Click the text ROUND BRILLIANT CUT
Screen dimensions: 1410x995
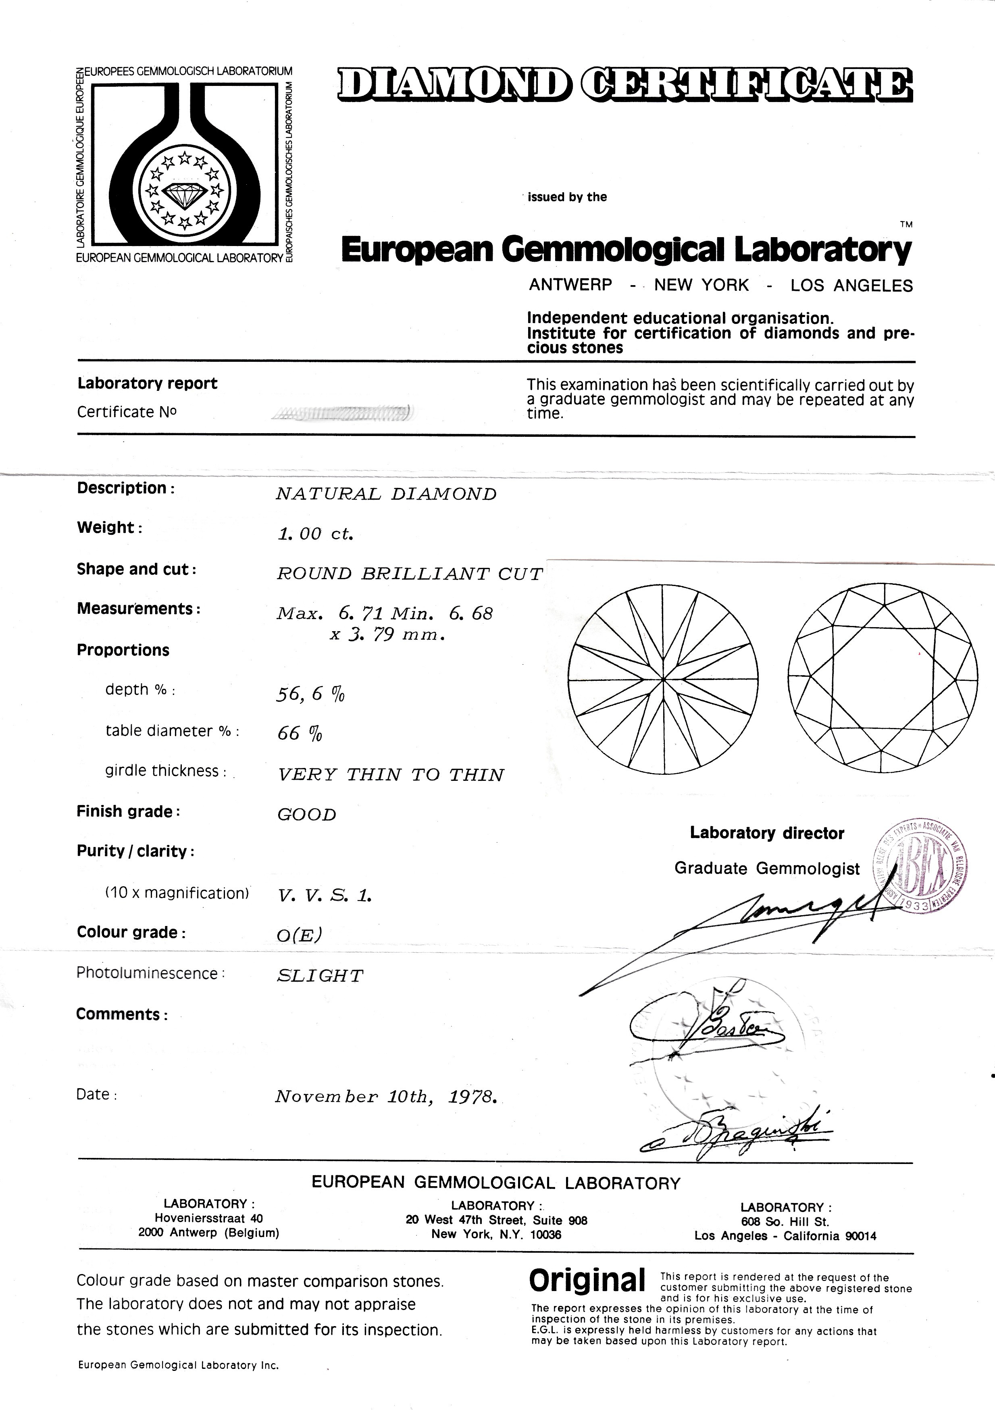pyautogui.click(x=410, y=574)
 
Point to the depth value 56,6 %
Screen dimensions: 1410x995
pyautogui.click(x=310, y=694)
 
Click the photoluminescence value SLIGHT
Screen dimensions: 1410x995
pyautogui.click(x=320, y=976)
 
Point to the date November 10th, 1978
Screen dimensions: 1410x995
pyautogui.click(x=385, y=1097)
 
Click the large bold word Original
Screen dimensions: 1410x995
pyautogui.click(x=587, y=1281)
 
